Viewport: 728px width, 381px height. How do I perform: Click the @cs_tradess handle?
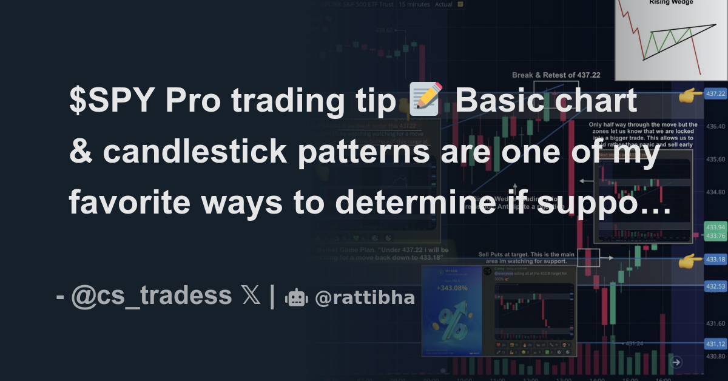151,296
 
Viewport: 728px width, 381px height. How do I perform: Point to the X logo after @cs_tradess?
250,296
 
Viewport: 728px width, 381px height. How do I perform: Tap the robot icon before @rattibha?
296,297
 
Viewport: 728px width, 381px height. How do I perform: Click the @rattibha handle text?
365,297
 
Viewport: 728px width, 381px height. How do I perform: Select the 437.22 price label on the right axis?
715,93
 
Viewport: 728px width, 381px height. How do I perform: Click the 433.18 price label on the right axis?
715,260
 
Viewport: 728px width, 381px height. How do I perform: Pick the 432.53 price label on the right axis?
715,285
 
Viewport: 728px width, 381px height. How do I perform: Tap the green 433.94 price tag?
715,227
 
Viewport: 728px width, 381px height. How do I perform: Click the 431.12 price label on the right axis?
715,344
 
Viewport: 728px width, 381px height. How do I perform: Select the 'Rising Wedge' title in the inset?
671,2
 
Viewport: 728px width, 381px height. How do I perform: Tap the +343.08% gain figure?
451,288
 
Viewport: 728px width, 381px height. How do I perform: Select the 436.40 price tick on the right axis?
715,126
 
